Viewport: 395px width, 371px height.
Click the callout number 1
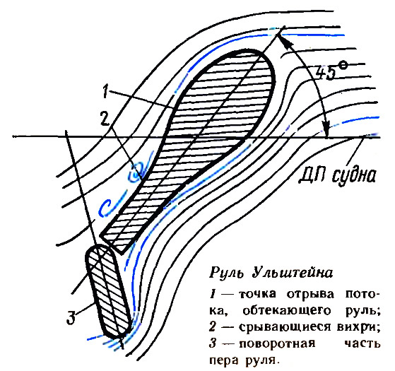coord(105,92)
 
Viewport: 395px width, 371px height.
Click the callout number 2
coord(105,118)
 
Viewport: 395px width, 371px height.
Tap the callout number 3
coord(71,317)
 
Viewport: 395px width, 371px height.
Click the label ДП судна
coord(338,175)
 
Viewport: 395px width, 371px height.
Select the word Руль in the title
coord(226,273)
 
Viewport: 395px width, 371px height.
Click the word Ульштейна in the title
coord(293,273)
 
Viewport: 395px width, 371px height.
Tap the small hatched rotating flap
coord(108,291)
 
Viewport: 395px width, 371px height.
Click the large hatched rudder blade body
coord(201,131)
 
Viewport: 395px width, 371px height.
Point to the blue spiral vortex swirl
coord(137,172)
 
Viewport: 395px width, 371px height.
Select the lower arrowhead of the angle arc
coord(326,129)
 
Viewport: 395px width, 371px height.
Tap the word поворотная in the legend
coord(277,344)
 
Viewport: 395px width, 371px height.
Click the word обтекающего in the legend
coord(286,312)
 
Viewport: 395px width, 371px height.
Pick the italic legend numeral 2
coord(213,327)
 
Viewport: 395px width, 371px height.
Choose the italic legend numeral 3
coord(213,344)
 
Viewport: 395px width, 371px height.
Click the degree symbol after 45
coord(343,66)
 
